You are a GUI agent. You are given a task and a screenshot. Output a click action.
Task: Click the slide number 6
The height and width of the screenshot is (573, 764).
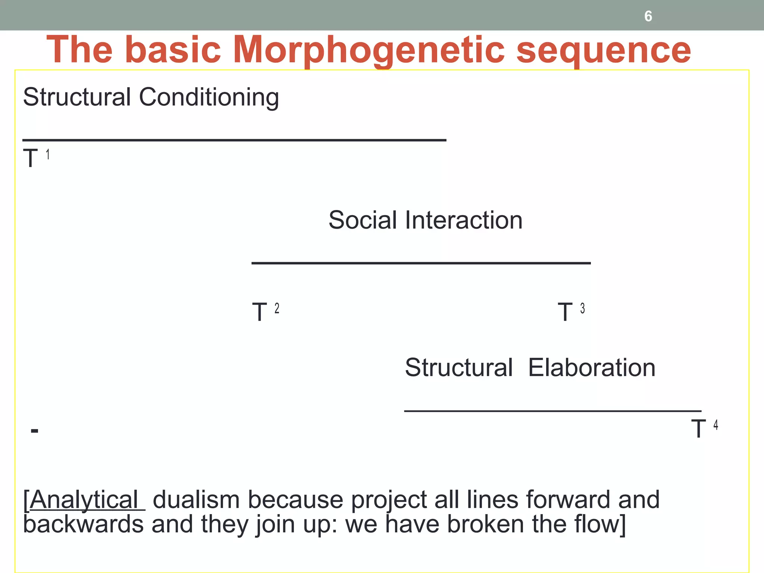[x=648, y=16]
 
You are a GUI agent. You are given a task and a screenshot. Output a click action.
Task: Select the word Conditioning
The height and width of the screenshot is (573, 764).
[x=209, y=97]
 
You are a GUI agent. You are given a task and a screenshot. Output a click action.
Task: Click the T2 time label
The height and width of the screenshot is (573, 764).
[x=265, y=311]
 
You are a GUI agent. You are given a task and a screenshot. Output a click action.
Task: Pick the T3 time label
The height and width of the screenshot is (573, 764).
[x=571, y=311]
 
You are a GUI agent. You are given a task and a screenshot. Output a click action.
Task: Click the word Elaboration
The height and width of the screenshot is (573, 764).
[x=592, y=368]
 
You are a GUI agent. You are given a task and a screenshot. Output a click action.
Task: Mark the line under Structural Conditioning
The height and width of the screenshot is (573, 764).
[x=234, y=140]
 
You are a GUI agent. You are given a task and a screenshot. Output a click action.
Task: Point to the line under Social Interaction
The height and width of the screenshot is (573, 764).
[x=421, y=263]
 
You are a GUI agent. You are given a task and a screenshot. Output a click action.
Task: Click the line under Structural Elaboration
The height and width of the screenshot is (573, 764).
[x=552, y=411]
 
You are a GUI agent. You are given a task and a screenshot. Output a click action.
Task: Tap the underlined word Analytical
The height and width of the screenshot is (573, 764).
[x=84, y=500]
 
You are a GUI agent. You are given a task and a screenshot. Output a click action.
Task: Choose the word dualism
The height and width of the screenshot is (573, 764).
[x=196, y=500]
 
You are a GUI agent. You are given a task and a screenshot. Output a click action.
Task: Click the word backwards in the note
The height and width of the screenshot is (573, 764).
[x=83, y=524]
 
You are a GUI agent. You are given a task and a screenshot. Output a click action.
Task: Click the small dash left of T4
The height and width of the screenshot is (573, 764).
[x=34, y=431]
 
